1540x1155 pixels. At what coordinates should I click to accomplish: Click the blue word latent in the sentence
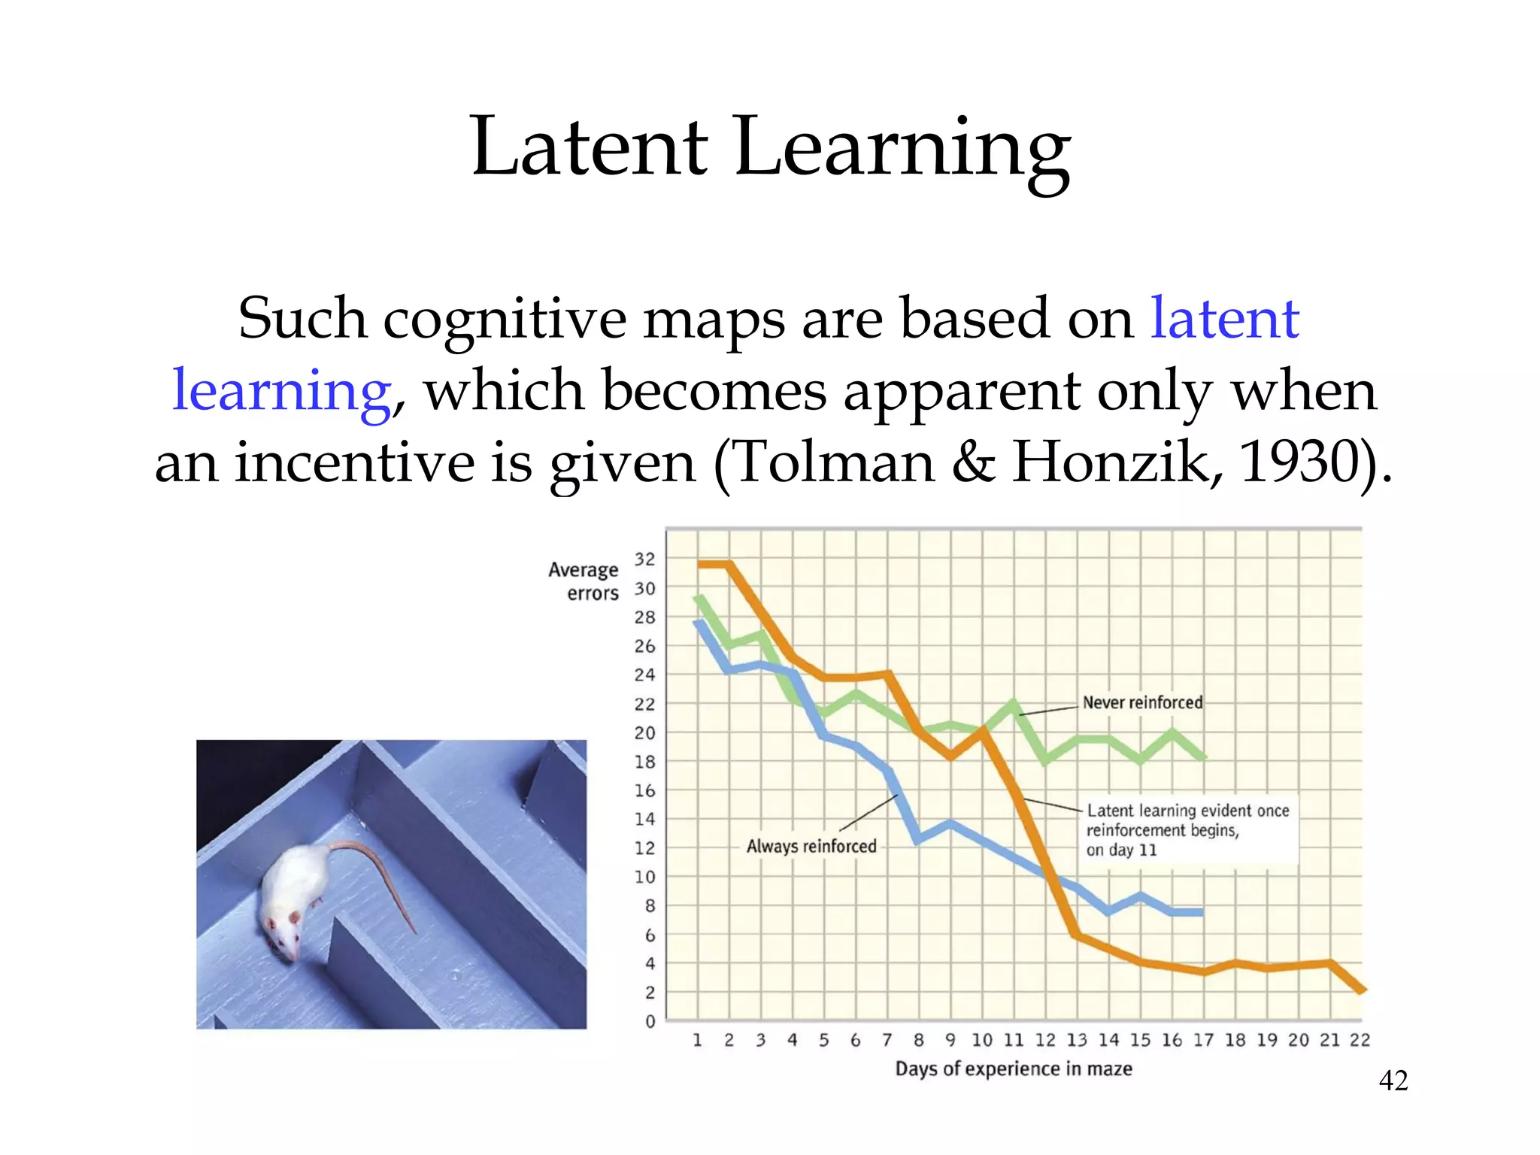tap(1224, 319)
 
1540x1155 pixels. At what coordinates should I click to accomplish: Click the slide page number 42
tap(1393, 1081)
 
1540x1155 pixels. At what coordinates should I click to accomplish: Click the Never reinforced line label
tap(1141, 702)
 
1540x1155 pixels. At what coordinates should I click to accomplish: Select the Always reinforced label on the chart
tap(811, 847)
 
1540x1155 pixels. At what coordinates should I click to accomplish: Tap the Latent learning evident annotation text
tap(1187, 830)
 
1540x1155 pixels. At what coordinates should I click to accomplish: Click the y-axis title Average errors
tap(584, 581)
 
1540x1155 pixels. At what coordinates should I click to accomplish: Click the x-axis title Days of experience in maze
tap(1013, 1069)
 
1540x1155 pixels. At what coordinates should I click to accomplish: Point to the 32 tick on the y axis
tap(644, 559)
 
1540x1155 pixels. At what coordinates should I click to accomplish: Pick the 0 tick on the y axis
tap(650, 1022)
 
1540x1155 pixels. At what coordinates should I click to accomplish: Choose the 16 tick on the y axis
tap(644, 790)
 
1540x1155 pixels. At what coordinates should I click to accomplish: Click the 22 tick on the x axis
tap(1360, 1040)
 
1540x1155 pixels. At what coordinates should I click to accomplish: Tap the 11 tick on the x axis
tap(1013, 1040)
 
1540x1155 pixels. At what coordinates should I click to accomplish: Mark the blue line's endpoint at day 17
tap(1201, 912)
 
